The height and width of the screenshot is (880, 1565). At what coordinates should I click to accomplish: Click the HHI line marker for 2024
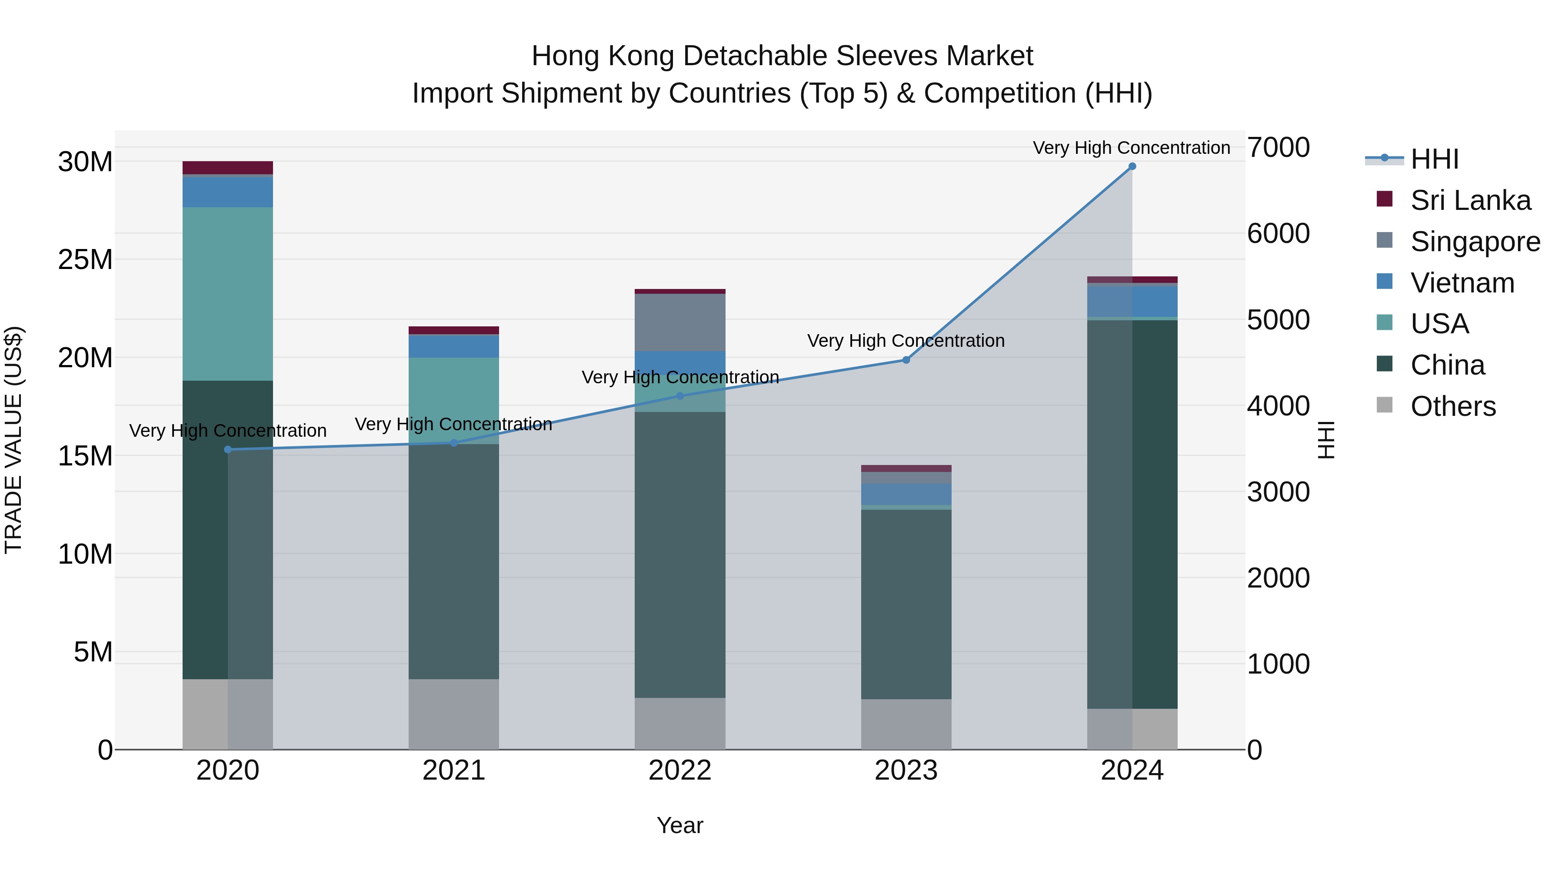coord(1132,166)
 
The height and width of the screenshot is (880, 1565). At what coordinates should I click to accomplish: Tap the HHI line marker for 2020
coord(228,449)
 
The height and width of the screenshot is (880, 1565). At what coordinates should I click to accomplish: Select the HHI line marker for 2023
coord(906,360)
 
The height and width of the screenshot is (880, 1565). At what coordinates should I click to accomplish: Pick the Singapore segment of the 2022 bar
coord(680,322)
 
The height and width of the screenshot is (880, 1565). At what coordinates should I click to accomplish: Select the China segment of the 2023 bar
coord(906,604)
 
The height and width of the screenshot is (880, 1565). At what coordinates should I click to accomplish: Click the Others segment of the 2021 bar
coord(454,714)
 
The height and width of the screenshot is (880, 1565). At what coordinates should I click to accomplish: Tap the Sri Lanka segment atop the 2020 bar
coord(228,168)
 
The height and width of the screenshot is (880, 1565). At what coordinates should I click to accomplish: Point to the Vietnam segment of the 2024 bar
coord(1132,301)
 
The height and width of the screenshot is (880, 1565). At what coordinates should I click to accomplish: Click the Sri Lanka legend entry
coord(1470,200)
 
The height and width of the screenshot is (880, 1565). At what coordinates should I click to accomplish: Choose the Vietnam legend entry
coord(1462,283)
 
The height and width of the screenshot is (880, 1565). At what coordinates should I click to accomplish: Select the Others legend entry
coord(1452,406)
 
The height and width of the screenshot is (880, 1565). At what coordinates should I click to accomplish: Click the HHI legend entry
coord(1434,159)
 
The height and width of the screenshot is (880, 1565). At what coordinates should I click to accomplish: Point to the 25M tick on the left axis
coord(85,260)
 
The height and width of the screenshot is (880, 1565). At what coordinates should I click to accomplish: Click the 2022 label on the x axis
coord(680,770)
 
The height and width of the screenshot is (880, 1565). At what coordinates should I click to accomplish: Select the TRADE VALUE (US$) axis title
coord(13,440)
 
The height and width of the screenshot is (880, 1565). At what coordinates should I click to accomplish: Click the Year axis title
coord(680,825)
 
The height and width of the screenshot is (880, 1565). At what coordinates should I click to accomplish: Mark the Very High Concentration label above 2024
coord(1131,148)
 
